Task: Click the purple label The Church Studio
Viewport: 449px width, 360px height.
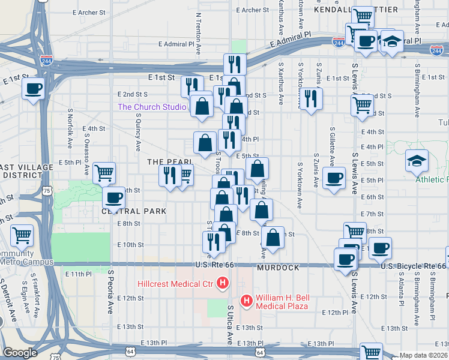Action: tap(152, 107)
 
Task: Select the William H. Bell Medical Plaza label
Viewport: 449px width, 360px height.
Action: tap(282, 302)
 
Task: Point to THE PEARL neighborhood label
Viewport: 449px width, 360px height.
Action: tap(170, 162)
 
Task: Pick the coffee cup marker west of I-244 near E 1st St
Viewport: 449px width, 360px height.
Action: tap(33, 89)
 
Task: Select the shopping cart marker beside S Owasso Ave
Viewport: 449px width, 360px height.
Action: tap(104, 172)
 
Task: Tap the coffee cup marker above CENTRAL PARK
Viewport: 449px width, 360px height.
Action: tap(113, 197)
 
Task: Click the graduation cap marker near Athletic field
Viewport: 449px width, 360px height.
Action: tap(417, 160)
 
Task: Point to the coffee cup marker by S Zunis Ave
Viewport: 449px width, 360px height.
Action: tap(334, 178)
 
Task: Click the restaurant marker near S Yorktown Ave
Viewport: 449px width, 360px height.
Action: tap(310, 98)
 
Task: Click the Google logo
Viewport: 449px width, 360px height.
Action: tap(20, 353)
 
